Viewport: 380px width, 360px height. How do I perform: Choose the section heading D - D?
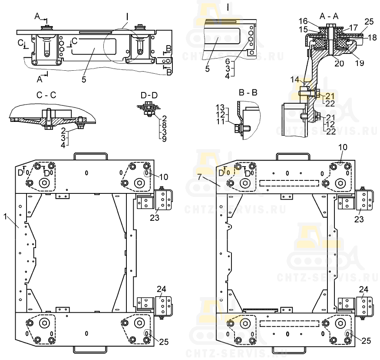(145, 95)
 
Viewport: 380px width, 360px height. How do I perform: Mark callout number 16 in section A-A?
(303, 21)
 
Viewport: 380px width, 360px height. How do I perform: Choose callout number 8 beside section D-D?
(165, 124)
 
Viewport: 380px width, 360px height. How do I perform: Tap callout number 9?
(165, 139)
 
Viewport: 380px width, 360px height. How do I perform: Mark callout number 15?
(303, 29)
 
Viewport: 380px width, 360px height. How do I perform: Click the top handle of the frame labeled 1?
(90, 155)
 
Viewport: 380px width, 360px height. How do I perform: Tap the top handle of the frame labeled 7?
(293, 155)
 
